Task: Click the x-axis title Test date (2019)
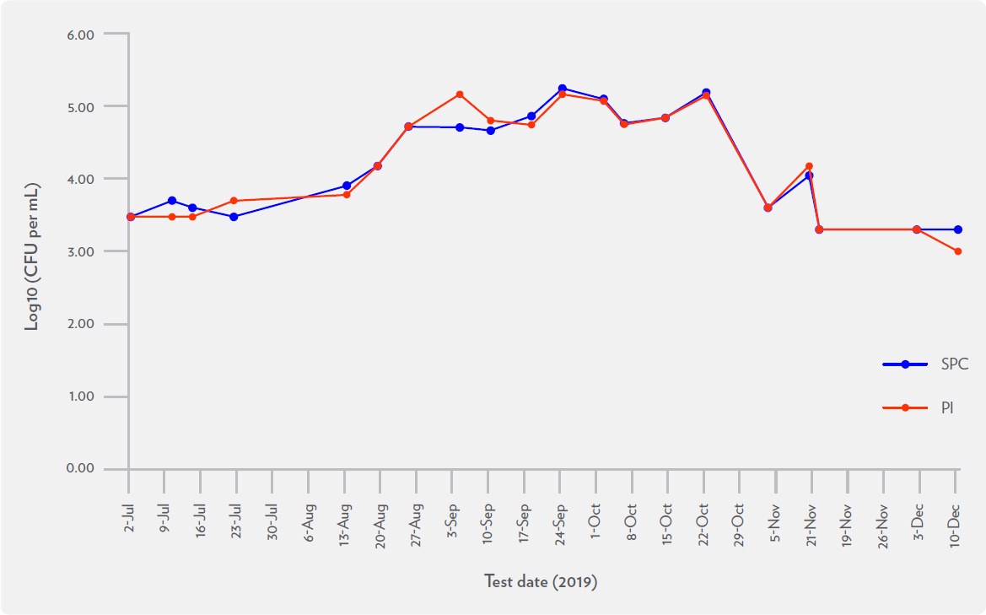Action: (x=541, y=582)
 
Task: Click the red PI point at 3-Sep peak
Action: (x=460, y=94)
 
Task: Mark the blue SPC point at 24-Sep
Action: (x=562, y=89)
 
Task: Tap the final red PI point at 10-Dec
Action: (x=958, y=251)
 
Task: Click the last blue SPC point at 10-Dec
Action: (x=958, y=229)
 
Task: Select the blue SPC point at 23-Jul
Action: (x=234, y=217)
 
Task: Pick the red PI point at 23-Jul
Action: (x=234, y=201)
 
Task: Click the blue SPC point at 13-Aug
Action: (x=347, y=186)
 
